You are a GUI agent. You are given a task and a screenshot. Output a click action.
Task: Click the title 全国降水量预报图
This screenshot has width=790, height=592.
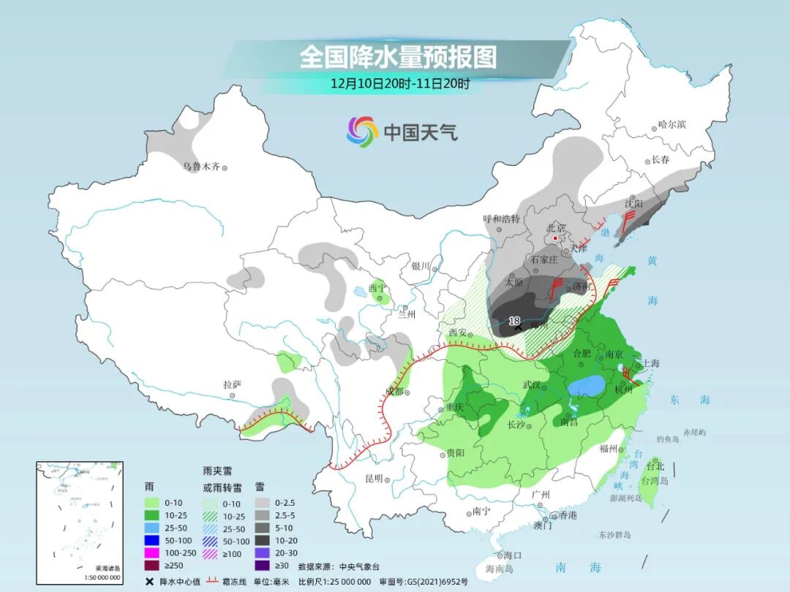click(x=398, y=56)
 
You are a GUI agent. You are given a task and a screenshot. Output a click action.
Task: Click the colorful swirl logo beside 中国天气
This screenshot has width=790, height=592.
click(x=362, y=132)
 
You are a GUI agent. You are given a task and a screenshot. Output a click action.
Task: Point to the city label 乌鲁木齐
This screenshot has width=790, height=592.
click(x=201, y=167)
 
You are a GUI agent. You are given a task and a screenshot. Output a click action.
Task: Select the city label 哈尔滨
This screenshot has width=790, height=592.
click(x=671, y=124)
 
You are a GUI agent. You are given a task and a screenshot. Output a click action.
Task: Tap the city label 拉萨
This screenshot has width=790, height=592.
click(x=233, y=384)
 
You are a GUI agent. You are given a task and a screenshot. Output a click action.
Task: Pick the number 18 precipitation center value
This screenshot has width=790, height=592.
click(x=514, y=321)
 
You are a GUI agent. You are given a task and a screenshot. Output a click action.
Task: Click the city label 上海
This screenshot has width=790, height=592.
click(x=651, y=363)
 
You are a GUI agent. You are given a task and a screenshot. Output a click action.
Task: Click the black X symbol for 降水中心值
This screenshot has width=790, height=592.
click(x=149, y=581)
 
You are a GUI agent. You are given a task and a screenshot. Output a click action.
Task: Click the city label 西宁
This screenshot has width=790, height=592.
click(x=376, y=287)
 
